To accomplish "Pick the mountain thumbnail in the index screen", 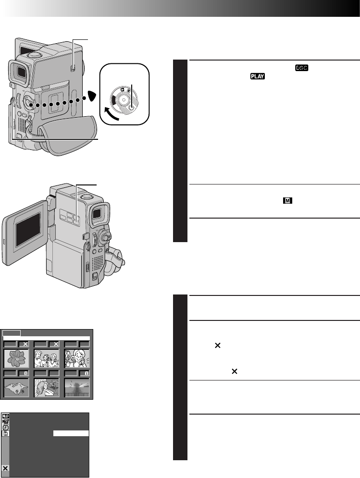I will [x=17, y=387].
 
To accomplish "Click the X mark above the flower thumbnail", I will [x=25, y=344].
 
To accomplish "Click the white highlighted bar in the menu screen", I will [x=71, y=433].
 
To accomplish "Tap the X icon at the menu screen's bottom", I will [x=5, y=468].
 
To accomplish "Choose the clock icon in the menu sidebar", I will [x=5, y=428].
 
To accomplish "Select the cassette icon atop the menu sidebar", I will [x=5, y=416].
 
